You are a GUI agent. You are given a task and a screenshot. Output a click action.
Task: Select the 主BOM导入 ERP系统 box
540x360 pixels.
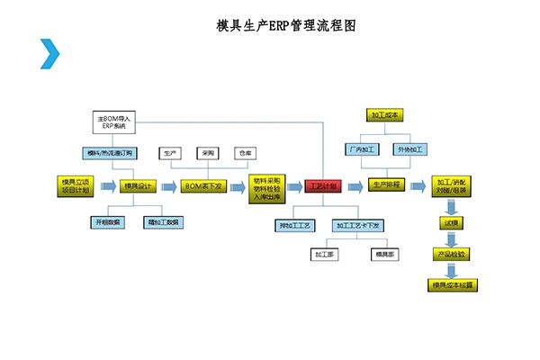click(x=112, y=121)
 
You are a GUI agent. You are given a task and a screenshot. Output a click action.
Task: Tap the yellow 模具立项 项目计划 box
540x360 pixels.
click(x=74, y=185)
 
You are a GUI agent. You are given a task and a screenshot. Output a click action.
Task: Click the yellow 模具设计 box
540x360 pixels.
click(x=139, y=186)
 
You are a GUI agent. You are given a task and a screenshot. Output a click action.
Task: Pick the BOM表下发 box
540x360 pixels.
click(x=202, y=186)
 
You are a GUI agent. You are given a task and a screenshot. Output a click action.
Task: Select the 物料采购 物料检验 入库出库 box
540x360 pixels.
click(x=267, y=186)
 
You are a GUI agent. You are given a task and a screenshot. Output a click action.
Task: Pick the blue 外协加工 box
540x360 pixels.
click(x=411, y=148)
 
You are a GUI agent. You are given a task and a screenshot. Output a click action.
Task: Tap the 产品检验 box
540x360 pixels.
click(x=451, y=255)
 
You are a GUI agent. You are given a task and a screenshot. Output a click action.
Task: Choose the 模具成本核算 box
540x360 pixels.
click(x=453, y=285)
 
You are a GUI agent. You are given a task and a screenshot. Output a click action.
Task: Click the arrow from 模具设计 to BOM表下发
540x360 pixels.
click(x=169, y=186)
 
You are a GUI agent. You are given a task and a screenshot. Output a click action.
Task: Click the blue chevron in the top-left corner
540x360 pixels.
click(x=49, y=54)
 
